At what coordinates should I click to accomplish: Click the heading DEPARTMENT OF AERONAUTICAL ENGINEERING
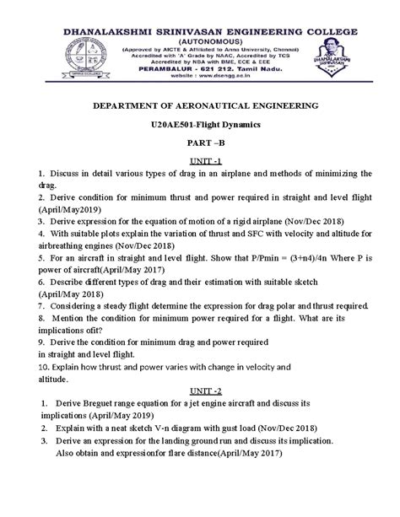point(199,107)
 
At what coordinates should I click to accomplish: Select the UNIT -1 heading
point(199,159)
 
